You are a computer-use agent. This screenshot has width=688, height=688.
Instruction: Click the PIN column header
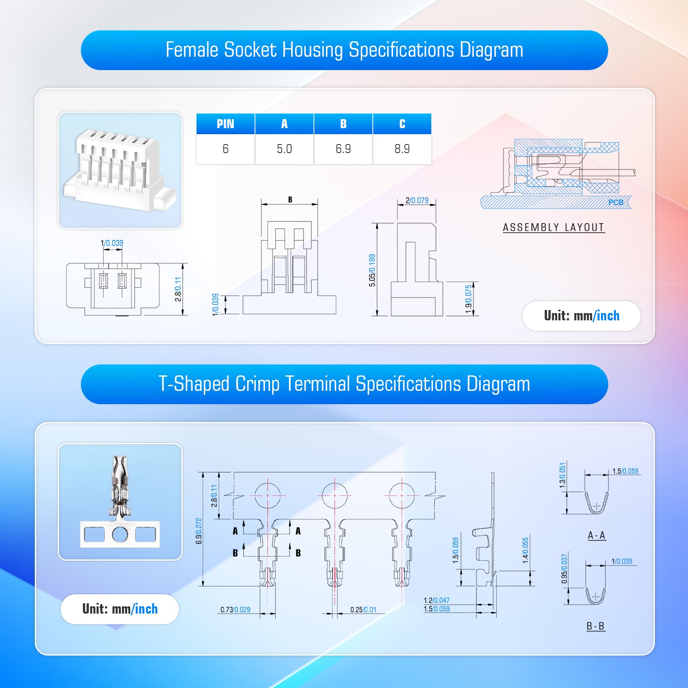click(225, 124)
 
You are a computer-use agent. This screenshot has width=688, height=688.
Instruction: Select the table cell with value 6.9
click(343, 149)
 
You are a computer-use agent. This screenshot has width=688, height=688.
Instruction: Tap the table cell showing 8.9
click(402, 149)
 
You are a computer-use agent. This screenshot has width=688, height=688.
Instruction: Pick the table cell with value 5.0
click(284, 149)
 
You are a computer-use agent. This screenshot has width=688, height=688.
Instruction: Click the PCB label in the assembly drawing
click(616, 203)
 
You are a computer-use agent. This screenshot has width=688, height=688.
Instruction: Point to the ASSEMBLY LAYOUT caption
click(554, 227)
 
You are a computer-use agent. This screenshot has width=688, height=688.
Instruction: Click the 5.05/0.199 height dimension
click(372, 270)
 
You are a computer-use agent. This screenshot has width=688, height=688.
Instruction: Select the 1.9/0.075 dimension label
click(469, 299)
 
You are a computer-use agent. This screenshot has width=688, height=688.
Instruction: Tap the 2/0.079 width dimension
click(417, 200)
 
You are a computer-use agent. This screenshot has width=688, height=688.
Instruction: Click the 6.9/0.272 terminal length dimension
click(199, 531)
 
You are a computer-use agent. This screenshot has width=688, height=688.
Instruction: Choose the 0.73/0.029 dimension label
click(235, 610)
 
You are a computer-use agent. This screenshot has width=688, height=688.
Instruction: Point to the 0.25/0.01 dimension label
click(363, 610)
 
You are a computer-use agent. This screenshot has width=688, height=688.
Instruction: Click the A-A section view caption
click(597, 535)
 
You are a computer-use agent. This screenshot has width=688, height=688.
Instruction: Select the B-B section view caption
click(596, 626)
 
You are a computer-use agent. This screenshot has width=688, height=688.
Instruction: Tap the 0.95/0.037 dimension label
click(564, 569)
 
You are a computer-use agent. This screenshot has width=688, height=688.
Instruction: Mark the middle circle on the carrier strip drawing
click(335, 495)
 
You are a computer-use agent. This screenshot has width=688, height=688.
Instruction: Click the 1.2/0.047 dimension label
click(436, 600)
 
